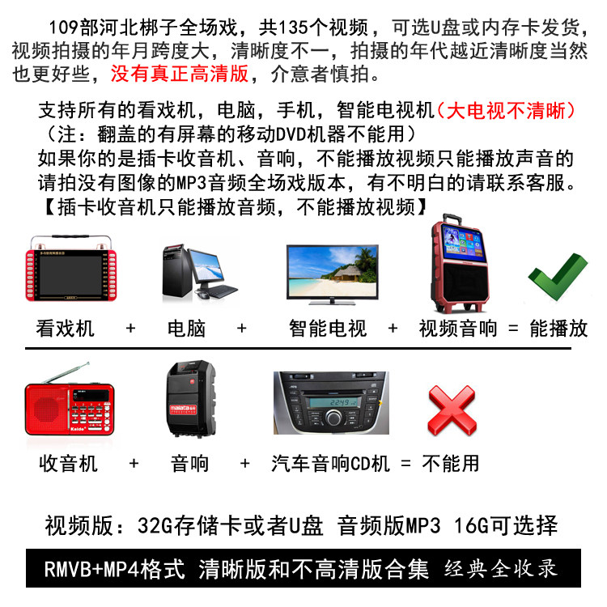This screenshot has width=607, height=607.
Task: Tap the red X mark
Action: (452, 410)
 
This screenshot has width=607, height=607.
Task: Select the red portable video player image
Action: (71, 268)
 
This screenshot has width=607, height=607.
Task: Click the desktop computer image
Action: (199, 271)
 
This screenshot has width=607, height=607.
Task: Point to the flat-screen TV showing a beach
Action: (332, 274)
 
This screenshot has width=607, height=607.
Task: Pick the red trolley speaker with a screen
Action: (460, 264)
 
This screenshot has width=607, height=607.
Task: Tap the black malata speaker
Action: (191, 399)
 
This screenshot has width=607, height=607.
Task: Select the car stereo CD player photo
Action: (331, 402)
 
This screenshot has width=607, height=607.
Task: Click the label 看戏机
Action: (65, 329)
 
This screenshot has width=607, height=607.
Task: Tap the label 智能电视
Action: (328, 329)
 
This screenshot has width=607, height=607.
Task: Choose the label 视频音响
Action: (458, 329)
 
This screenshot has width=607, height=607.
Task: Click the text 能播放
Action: (558, 329)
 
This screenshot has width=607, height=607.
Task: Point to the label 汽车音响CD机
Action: (330, 464)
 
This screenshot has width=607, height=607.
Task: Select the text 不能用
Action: (451, 464)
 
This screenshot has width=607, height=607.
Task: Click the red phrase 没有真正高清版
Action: (179, 73)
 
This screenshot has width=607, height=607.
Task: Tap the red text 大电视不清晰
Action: (506, 111)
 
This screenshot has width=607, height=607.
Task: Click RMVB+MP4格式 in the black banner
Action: (115, 569)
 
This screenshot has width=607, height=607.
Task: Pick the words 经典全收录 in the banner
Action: (501, 569)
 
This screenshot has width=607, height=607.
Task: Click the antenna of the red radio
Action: (66, 372)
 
